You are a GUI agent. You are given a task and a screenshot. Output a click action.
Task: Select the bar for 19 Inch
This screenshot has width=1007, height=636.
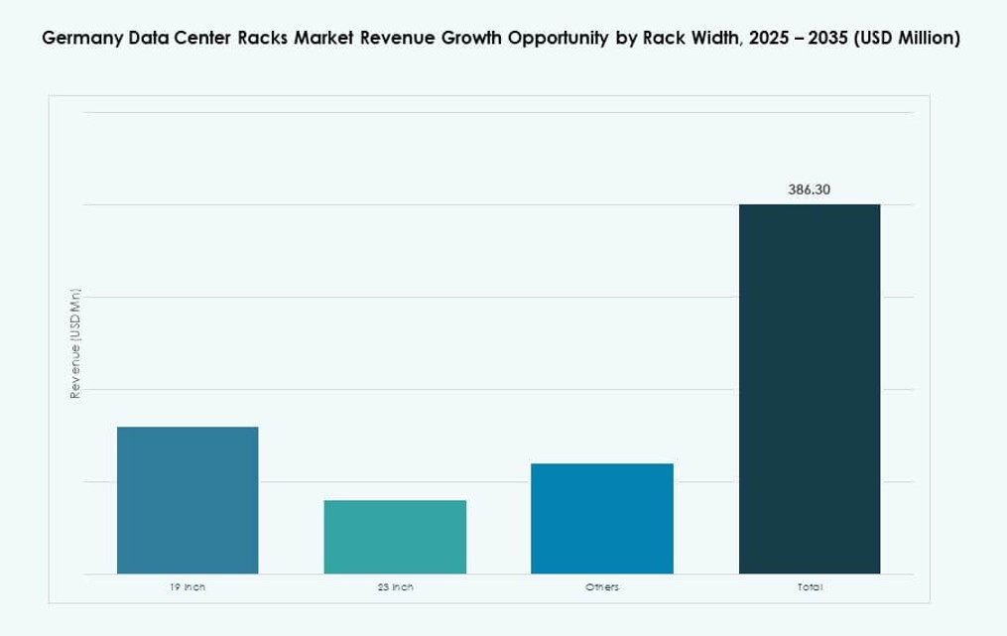(188, 500)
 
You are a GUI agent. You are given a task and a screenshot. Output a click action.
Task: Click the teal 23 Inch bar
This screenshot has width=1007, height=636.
(395, 537)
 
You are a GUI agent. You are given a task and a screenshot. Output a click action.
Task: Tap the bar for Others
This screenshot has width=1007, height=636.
(602, 518)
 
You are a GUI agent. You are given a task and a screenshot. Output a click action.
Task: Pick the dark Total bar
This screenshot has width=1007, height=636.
(810, 389)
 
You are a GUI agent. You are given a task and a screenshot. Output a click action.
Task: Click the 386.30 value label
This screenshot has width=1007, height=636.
(810, 189)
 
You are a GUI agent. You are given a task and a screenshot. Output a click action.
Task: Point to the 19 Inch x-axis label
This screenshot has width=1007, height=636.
(188, 587)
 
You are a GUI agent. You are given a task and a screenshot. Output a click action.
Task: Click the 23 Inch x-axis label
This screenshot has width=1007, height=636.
(395, 587)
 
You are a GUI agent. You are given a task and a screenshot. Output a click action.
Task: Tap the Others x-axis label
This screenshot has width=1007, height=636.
(602, 587)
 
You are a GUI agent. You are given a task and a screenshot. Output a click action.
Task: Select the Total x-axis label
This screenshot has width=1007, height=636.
(810, 587)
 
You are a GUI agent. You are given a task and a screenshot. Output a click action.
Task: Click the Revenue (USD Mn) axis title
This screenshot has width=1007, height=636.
(74, 344)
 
